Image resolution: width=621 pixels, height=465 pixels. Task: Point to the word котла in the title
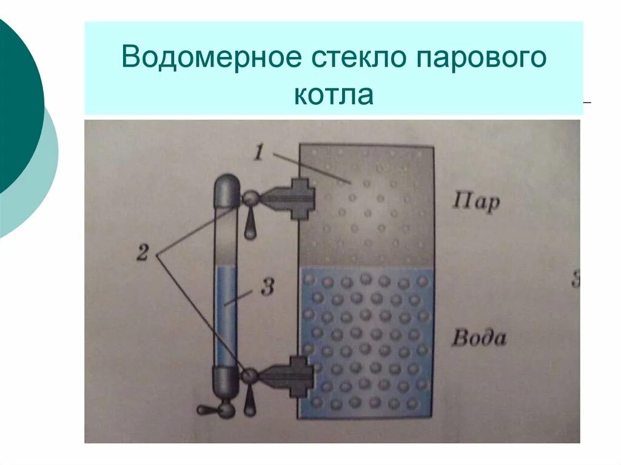334,96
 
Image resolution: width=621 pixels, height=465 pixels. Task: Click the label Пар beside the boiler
476,201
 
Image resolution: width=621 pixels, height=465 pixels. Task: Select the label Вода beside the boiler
478,337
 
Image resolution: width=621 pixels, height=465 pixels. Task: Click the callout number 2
142,252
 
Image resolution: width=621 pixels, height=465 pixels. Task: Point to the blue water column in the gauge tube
226,315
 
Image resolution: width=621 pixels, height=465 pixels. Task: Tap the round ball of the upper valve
249,198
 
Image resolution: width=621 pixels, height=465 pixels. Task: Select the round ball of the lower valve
249,376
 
